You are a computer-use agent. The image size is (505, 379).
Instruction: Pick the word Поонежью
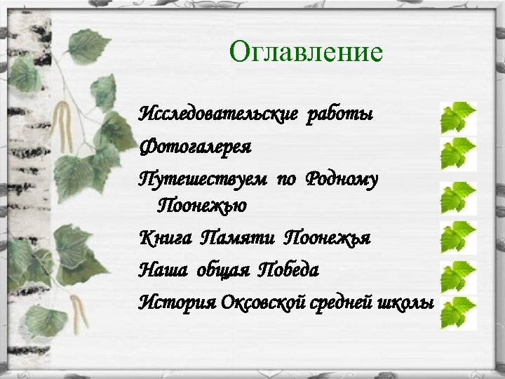(x=201, y=207)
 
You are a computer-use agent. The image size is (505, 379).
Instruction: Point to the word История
(x=177, y=302)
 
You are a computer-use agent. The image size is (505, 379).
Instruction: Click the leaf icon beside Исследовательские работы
(x=457, y=118)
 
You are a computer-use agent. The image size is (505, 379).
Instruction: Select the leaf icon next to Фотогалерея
(x=457, y=154)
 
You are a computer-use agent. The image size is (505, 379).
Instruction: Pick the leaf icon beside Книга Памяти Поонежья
(x=457, y=238)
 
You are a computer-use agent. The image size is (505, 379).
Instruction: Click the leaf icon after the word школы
(x=457, y=312)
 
